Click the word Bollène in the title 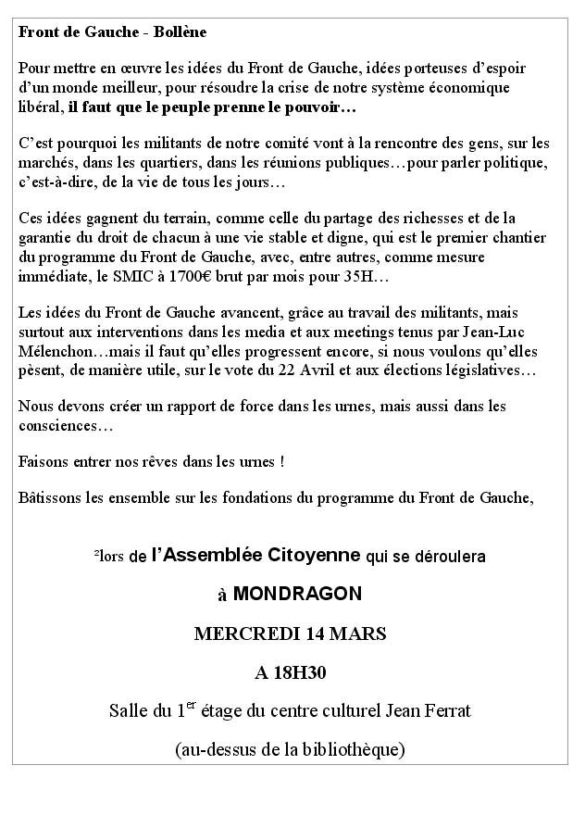coord(180,32)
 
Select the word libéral coord(40,108)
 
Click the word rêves coord(163,460)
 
